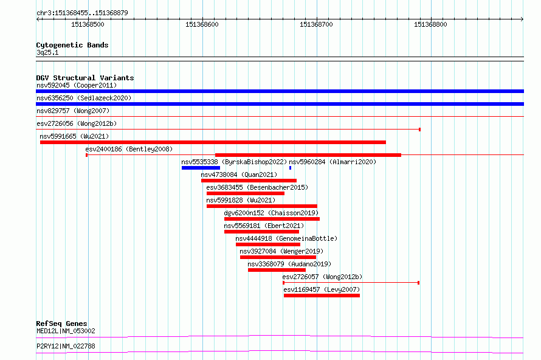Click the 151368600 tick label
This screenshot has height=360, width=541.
point(202,24)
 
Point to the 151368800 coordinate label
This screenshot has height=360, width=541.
point(430,24)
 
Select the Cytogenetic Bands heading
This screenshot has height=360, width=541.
point(72,45)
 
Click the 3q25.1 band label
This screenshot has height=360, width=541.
point(47,52)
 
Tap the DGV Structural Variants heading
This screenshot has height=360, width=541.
point(85,78)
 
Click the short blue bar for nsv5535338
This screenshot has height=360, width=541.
point(201,168)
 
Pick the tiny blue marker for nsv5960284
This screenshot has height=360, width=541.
point(290,168)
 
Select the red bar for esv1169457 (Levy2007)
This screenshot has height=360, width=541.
point(322,296)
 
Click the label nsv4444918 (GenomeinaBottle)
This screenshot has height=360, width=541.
point(286,238)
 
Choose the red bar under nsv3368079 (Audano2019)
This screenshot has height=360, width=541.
point(277,270)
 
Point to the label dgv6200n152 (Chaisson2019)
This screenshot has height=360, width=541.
point(271,213)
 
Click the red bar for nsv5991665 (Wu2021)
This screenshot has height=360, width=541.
point(213,142)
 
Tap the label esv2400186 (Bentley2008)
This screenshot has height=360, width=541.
point(129,149)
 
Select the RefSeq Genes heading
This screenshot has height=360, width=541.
point(61,324)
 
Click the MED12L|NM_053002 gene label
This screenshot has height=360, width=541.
point(66,331)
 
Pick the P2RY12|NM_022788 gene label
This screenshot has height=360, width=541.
point(66,346)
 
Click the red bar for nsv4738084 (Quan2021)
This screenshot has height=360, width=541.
point(249,181)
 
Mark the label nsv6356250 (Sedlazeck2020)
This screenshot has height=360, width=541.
point(84,98)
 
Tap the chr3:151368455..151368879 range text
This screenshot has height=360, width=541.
point(82,13)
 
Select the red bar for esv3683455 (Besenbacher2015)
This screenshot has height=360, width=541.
point(246,193)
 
